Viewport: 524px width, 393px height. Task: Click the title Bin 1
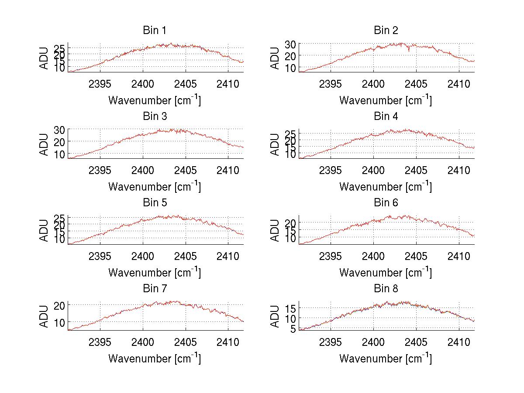click(x=155, y=31)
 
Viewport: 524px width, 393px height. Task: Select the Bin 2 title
click(x=386, y=31)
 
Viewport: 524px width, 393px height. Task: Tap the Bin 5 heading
click(x=155, y=203)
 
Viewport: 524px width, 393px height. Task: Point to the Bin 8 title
click(x=386, y=289)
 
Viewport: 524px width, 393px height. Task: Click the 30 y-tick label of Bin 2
click(x=291, y=44)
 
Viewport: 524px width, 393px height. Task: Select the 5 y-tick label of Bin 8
click(x=293, y=328)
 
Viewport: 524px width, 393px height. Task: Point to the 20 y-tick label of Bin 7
click(x=60, y=305)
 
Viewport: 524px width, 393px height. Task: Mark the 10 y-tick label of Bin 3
click(x=60, y=154)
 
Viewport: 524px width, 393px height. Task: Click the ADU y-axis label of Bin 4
click(x=275, y=145)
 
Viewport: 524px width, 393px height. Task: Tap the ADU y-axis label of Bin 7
click(x=44, y=317)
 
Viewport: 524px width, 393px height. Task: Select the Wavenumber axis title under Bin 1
click(x=155, y=100)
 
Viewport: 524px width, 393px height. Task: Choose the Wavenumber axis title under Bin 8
click(x=386, y=359)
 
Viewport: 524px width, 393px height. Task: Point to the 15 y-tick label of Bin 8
click(x=291, y=309)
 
